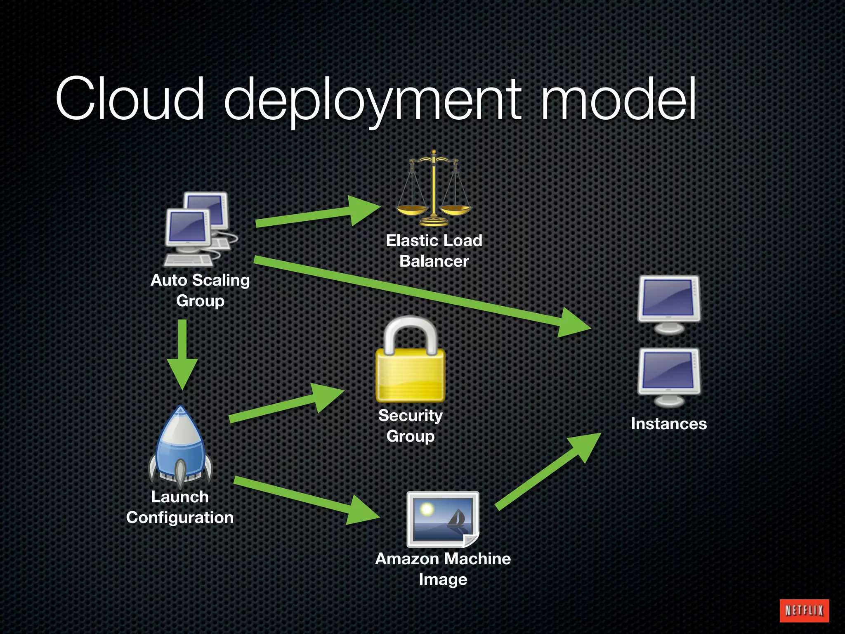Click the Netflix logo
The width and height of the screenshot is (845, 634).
(804, 610)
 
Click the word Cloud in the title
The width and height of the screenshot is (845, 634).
(130, 99)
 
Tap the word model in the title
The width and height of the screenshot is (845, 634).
(618, 99)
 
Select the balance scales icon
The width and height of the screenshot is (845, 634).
(433, 189)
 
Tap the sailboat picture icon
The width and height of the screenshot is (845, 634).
(443, 519)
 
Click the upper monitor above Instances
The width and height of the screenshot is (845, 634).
(668, 304)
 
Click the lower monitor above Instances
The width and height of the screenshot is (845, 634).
(668, 377)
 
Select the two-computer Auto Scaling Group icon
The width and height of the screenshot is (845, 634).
(200, 229)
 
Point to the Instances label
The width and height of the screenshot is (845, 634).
(668, 424)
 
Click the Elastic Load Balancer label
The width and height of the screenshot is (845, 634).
(434, 251)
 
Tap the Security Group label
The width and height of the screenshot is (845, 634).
(411, 426)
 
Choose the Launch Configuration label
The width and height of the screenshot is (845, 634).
(180, 507)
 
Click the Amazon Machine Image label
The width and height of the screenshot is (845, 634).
(443, 569)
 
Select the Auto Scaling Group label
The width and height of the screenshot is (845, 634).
(200, 290)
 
